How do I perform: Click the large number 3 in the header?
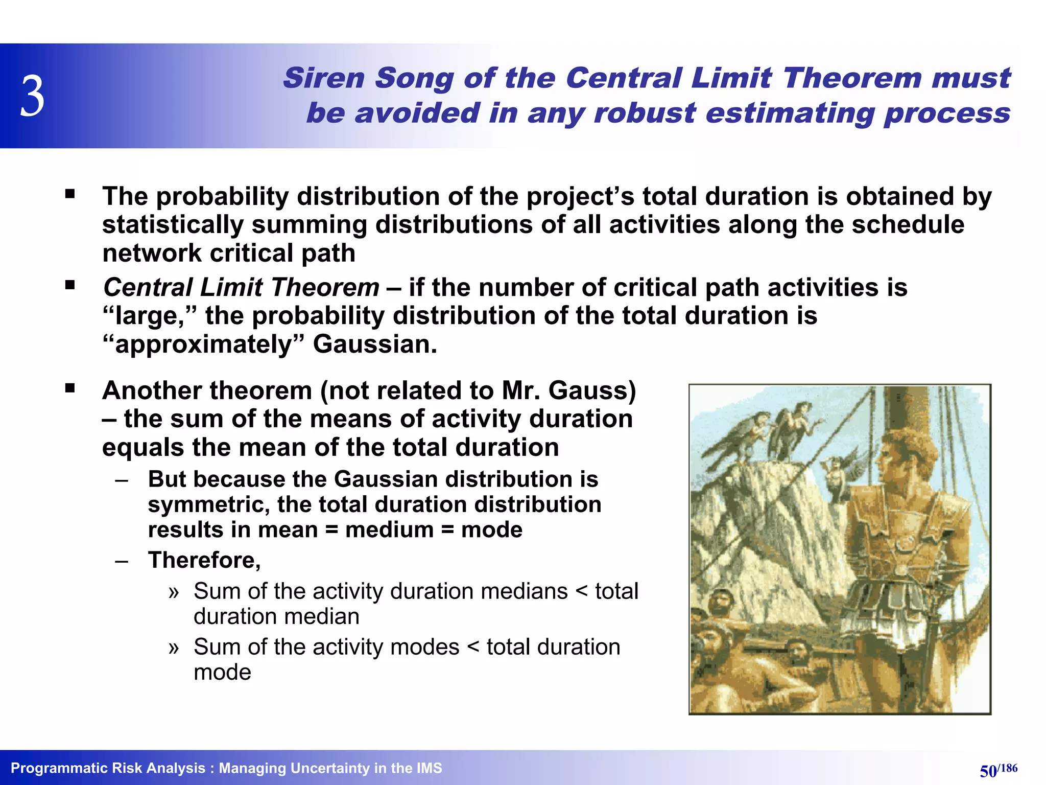click(33, 96)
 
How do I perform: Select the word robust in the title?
click(644, 113)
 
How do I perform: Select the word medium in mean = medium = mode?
click(389, 530)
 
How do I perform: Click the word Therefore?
click(204, 560)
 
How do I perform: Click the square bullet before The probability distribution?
click(70, 194)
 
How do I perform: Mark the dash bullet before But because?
click(122, 480)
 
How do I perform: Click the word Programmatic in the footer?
click(57, 768)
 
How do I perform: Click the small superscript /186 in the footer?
click(1008, 768)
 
